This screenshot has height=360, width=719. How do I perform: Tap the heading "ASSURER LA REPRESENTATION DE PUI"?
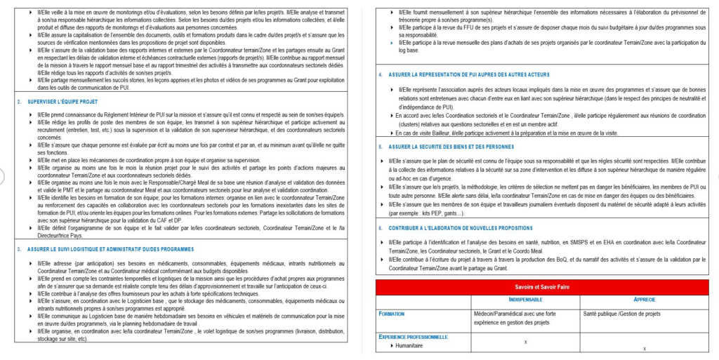pyautogui.click(x=463, y=74)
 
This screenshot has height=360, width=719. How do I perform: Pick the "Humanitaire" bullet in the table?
pyautogui.click(x=411, y=345)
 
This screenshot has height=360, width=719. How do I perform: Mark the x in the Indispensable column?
pyautogui.click(x=527, y=342)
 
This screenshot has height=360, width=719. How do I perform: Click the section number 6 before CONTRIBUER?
pyautogui.click(x=380, y=227)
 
